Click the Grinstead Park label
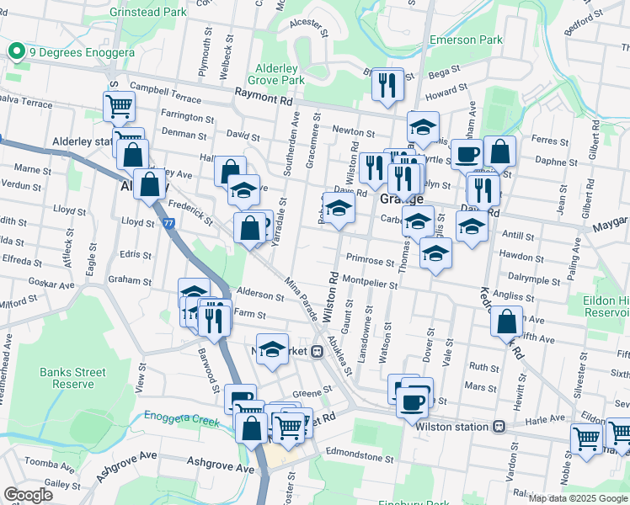148,13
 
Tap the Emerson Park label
466,40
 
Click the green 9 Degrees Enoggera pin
15,52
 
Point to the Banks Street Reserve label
72,378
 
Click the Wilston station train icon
499,427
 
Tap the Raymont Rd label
268,98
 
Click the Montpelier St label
370,284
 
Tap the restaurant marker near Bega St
387,84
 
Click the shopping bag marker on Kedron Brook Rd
505,322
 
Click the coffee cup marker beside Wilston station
412,402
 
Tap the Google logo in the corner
28,495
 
